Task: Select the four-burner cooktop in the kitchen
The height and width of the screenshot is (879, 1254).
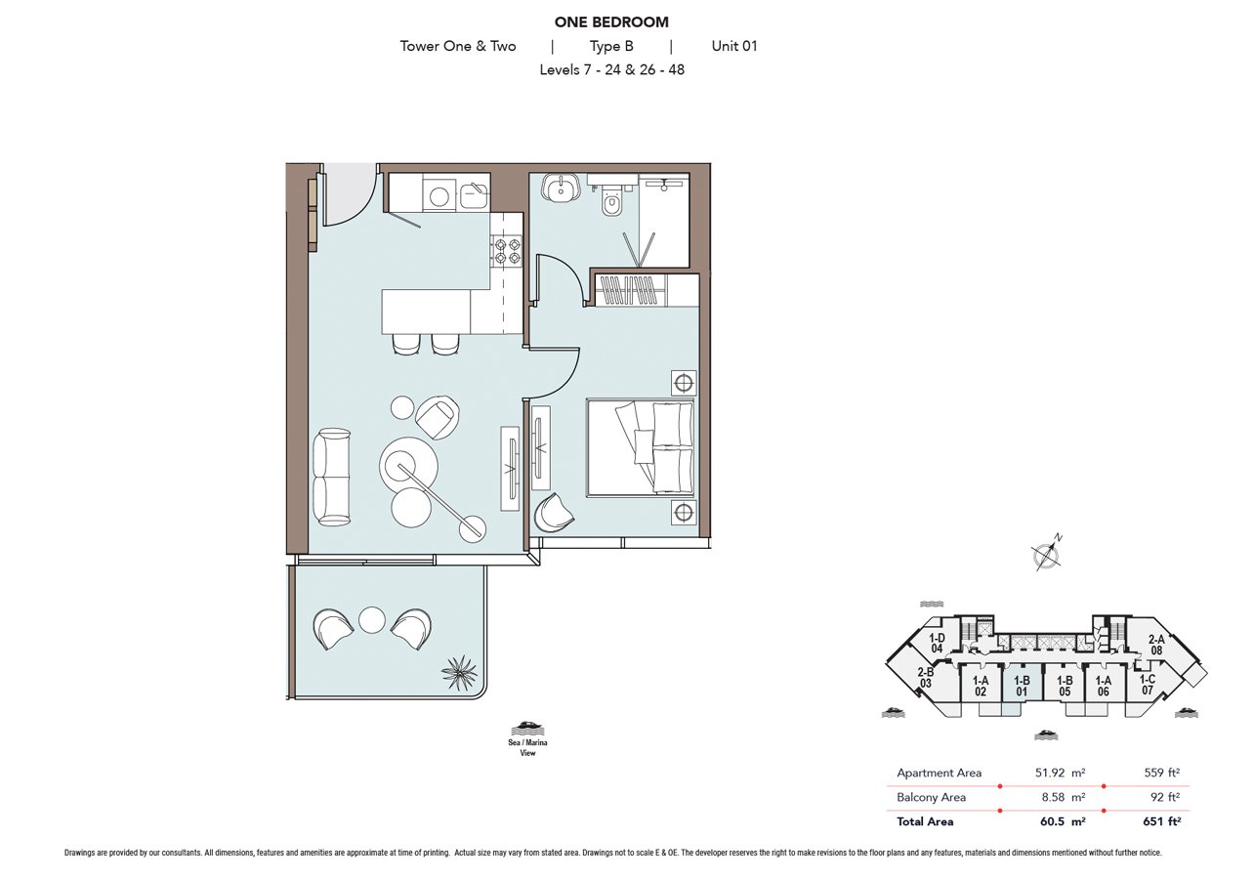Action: pos(507,250)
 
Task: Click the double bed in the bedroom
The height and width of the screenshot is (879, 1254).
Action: pos(641,446)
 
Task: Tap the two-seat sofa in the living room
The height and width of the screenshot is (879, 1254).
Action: pos(331,477)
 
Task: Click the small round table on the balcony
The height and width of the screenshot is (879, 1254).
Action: pos(372,621)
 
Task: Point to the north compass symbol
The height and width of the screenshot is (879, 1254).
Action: pos(1046,554)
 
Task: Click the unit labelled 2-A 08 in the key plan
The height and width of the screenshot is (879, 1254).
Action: pos(1155,645)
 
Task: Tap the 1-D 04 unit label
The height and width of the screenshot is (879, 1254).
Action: pos(938,644)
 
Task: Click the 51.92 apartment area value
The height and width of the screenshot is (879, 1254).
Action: pos(1050,773)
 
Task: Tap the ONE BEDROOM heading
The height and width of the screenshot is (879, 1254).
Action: pos(611,22)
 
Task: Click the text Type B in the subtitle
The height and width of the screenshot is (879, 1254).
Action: pos(611,46)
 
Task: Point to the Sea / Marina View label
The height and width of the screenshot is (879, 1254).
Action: pos(528,747)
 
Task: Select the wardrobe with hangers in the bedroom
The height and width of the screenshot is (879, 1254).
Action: pos(647,290)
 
